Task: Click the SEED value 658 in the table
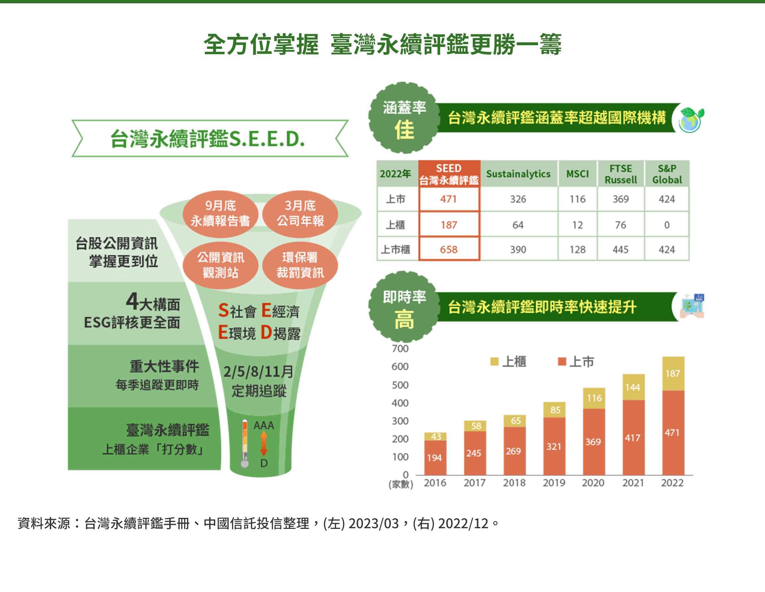[448, 249]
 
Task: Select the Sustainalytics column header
[518, 174]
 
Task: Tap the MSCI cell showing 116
[577, 199]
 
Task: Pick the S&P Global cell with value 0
[667, 225]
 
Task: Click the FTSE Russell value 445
[620, 249]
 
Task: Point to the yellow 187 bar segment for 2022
[673, 374]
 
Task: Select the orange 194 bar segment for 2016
[435, 457]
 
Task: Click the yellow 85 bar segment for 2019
[555, 410]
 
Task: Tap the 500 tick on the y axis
[400, 385]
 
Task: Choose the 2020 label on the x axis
[593, 483]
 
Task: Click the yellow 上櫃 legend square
[494, 361]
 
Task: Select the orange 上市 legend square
[562, 361]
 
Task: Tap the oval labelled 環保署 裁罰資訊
[300, 265]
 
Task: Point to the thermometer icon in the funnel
[245, 444]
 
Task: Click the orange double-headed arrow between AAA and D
[264, 444]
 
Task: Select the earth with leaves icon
[691, 120]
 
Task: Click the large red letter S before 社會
[223, 311]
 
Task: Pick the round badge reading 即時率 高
[404, 307]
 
